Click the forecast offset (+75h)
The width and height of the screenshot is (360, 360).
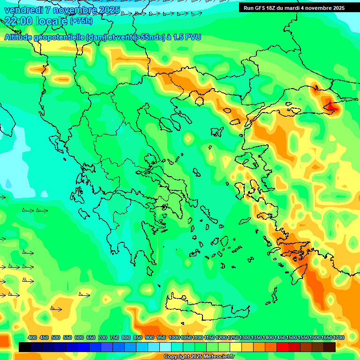coord(81,21)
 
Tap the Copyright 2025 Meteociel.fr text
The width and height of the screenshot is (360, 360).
coord(199,357)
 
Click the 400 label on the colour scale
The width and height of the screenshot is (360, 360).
coord(32,338)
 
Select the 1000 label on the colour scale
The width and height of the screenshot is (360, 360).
coord(174,338)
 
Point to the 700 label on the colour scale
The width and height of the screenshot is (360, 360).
coord(103,338)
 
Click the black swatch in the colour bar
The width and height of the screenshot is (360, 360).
coord(25,347)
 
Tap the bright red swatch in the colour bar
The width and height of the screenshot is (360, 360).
coord(283,347)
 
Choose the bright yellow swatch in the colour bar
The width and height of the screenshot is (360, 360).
coord(236,347)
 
